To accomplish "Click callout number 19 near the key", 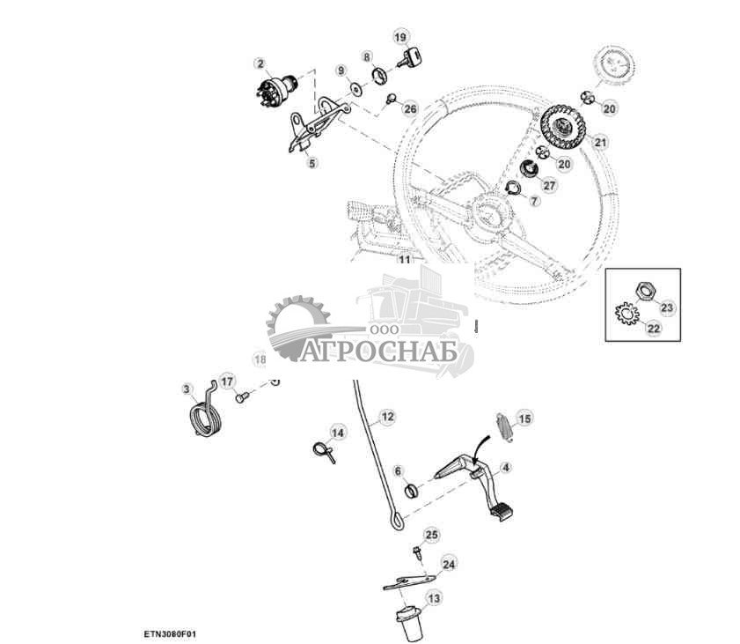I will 400,37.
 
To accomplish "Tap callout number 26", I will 409,108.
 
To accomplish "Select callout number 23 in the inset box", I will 666,307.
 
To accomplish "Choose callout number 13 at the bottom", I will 434,599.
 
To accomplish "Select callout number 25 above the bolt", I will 431,535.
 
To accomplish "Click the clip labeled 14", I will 322,449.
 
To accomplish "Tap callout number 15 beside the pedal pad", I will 524,418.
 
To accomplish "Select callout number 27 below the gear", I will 550,185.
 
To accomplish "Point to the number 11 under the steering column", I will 404,260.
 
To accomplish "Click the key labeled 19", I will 409,59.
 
